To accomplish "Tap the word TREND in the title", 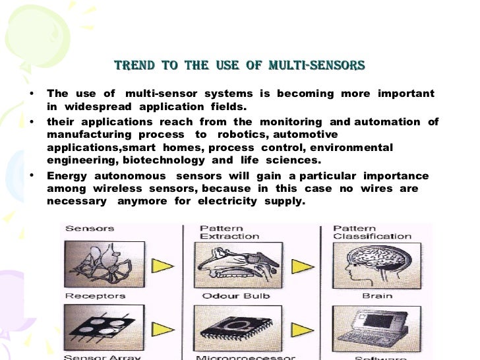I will (x=135, y=66).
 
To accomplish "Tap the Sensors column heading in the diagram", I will (x=90, y=229).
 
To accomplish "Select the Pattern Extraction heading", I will (x=229, y=232).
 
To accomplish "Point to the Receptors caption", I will (x=96, y=296).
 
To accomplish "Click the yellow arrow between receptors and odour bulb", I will (x=163, y=266).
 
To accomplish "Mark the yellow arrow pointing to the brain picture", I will (x=303, y=266).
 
